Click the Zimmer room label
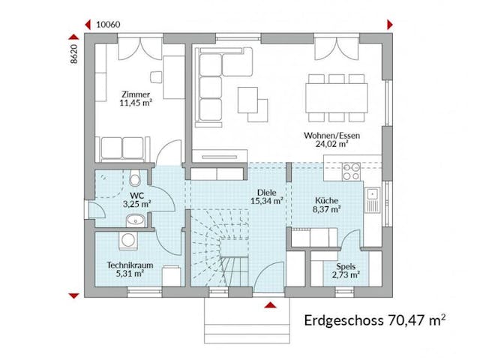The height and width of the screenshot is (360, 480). tap(135, 94)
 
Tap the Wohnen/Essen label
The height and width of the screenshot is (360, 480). tap(331, 136)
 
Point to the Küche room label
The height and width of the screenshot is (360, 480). tap(327, 201)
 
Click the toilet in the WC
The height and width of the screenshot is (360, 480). tap(134, 179)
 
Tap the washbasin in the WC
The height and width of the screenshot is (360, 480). tap(135, 220)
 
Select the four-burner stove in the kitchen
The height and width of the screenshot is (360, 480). tap(351, 173)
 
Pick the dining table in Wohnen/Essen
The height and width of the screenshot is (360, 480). tap(336, 95)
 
